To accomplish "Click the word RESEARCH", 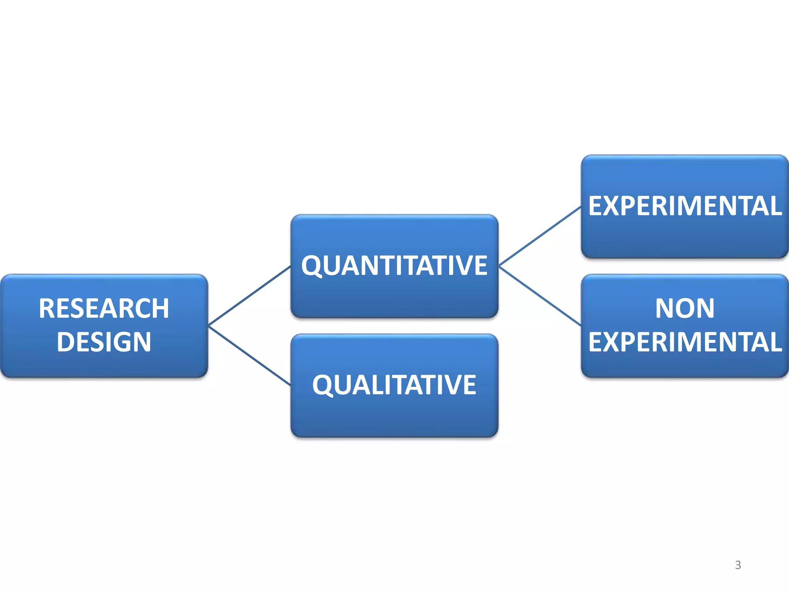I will tap(104, 308).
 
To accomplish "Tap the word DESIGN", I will tap(104, 342).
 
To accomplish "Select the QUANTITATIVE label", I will tap(394, 266).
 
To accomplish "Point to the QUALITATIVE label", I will tap(394, 385).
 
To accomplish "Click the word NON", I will tap(685, 308).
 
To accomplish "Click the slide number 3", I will tap(738, 565).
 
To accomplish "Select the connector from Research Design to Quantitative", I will tap(249, 296).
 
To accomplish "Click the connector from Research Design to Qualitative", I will tap(249, 355).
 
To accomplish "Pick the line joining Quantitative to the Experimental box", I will tap(540, 236).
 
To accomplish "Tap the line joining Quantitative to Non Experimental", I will tap(540, 296).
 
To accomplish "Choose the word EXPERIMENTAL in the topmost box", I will tap(685, 206).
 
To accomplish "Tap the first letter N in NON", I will tap(665, 308).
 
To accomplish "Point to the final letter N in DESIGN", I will tap(141, 342).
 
